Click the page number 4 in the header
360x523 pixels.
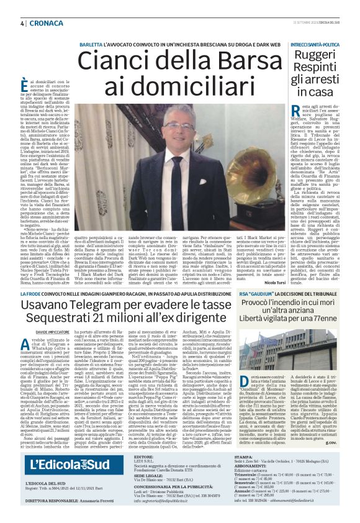click(22, 23)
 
